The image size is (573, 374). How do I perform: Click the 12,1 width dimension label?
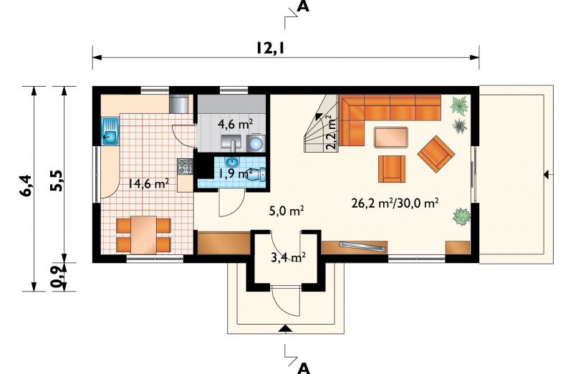pos(270,47)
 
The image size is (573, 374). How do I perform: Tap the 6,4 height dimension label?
pos(27,186)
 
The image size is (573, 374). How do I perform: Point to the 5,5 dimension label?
pos(57,181)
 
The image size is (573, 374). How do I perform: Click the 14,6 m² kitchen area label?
pos(148,183)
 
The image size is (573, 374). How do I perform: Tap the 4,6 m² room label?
pos(236,124)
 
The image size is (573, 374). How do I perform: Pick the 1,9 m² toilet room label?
pos(236,173)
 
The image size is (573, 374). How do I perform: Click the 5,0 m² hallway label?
pos(287,211)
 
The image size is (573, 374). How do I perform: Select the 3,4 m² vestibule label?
pos(289,257)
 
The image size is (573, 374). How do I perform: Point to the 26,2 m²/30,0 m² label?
pos(395,203)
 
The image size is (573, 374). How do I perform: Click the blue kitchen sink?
pos(110,131)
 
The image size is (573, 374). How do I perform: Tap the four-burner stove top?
pos(186,167)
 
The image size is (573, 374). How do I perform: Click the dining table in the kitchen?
pos(144,235)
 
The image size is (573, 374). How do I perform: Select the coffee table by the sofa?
pos(390,137)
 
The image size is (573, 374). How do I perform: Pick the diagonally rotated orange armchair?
pos(436,153)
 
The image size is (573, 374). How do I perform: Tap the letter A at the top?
pos(303,6)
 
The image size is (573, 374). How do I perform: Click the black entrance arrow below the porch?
pos(284,329)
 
